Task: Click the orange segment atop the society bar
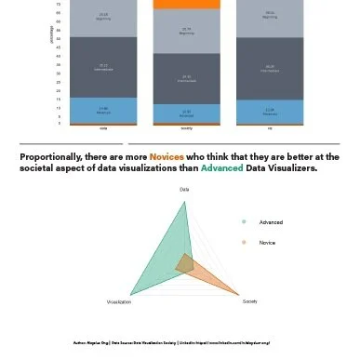tap(186, 5)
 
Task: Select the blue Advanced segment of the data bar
tap(103, 109)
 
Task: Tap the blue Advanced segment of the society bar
tap(186, 112)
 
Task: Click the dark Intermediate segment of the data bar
tap(103, 66)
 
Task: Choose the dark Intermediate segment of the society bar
tap(186, 78)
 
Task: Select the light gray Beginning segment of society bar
tap(186, 31)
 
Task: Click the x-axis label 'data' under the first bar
tap(103, 128)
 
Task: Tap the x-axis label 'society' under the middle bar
tap(186, 128)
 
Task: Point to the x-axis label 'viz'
tap(269, 128)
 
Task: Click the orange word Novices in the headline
tap(167, 157)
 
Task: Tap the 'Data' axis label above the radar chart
tap(184, 190)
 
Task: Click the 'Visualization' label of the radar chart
tap(118, 302)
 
